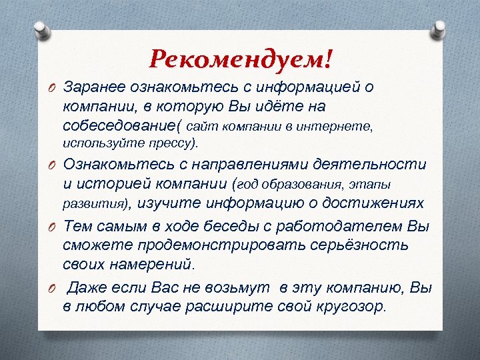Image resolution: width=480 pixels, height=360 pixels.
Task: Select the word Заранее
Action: [x=90, y=87]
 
